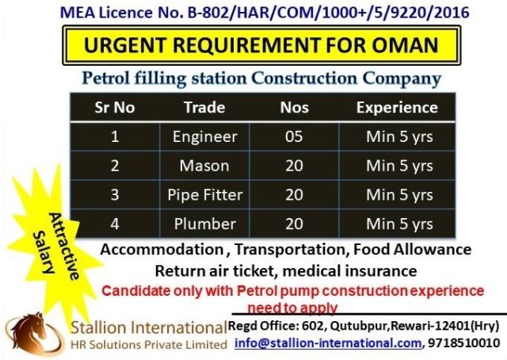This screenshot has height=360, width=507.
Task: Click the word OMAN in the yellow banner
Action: click(x=405, y=44)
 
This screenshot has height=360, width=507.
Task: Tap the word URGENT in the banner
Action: click(x=125, y=44)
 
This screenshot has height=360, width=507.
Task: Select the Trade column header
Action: click(x=204, y=108)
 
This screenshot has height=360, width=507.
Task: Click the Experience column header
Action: click(x=397, y=108)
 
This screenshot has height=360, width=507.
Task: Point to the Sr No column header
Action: click(x=115, y=108)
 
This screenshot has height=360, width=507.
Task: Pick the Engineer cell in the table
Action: click(x=205, y=136)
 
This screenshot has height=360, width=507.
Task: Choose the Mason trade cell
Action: click(x=204, y=166)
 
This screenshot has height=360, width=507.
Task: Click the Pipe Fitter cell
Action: click(x=205, y=195)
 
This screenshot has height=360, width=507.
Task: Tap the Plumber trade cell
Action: click(x=205, y=224)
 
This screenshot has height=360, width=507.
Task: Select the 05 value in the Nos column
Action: click(x=294, y=136)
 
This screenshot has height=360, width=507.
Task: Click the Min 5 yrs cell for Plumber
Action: click(x=399, y=224)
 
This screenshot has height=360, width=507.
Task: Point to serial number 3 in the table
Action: click(x=115, y=195)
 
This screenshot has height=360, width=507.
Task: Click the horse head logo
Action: click(x=33, y=334)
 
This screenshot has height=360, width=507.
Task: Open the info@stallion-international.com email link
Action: click(x=328, y=343)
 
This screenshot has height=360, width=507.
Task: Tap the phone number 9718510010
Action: click(x=463, y=343)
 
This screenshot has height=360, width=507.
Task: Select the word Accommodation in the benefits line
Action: click(x=162, y=250)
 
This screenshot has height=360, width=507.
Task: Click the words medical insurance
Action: click(x=349, y=271)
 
